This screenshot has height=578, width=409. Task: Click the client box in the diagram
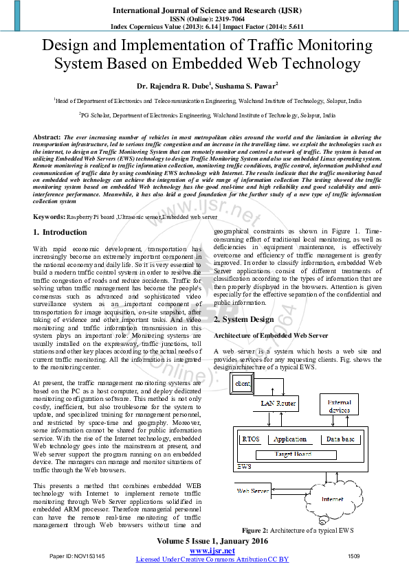pyautogui.click(x=242, y=384)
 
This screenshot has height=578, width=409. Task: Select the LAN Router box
pyautogui.click(x=278, y=404)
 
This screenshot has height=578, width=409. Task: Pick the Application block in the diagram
pyautogui.click(x=289, y=439)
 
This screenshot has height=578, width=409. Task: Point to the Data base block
pyautogui.click(x=340, y=439)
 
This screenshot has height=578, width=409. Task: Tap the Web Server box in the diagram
pyautogui.click(x=253, y=491)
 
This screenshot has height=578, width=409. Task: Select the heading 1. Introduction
pyautogui.click(x=60, y=233)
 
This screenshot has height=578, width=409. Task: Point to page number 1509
pyautogui.click(x=354, y=555)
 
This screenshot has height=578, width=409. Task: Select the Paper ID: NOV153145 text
pyautogui.click(x=77, y=555)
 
